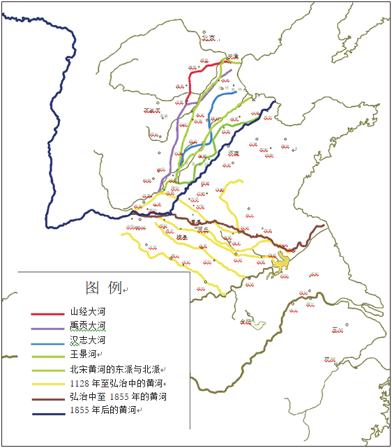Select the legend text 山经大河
click(x=87, y=312)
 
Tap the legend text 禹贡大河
click(x=87, y=326)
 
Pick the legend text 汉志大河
click(x=87, y=340)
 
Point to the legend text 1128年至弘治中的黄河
click(x=117, y=382)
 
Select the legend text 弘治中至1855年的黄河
click(x=119, y=396)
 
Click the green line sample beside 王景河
click(x=47, y=356)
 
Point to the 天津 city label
click(x=233, y=56)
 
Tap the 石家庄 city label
click(x=151, y=110)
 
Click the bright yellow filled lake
click(x=282, y=263)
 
